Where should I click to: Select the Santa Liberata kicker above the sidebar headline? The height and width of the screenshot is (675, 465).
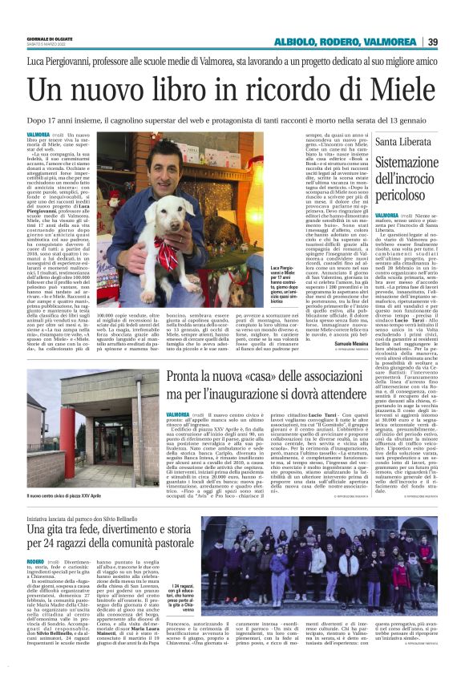click(x=401, y=142)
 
